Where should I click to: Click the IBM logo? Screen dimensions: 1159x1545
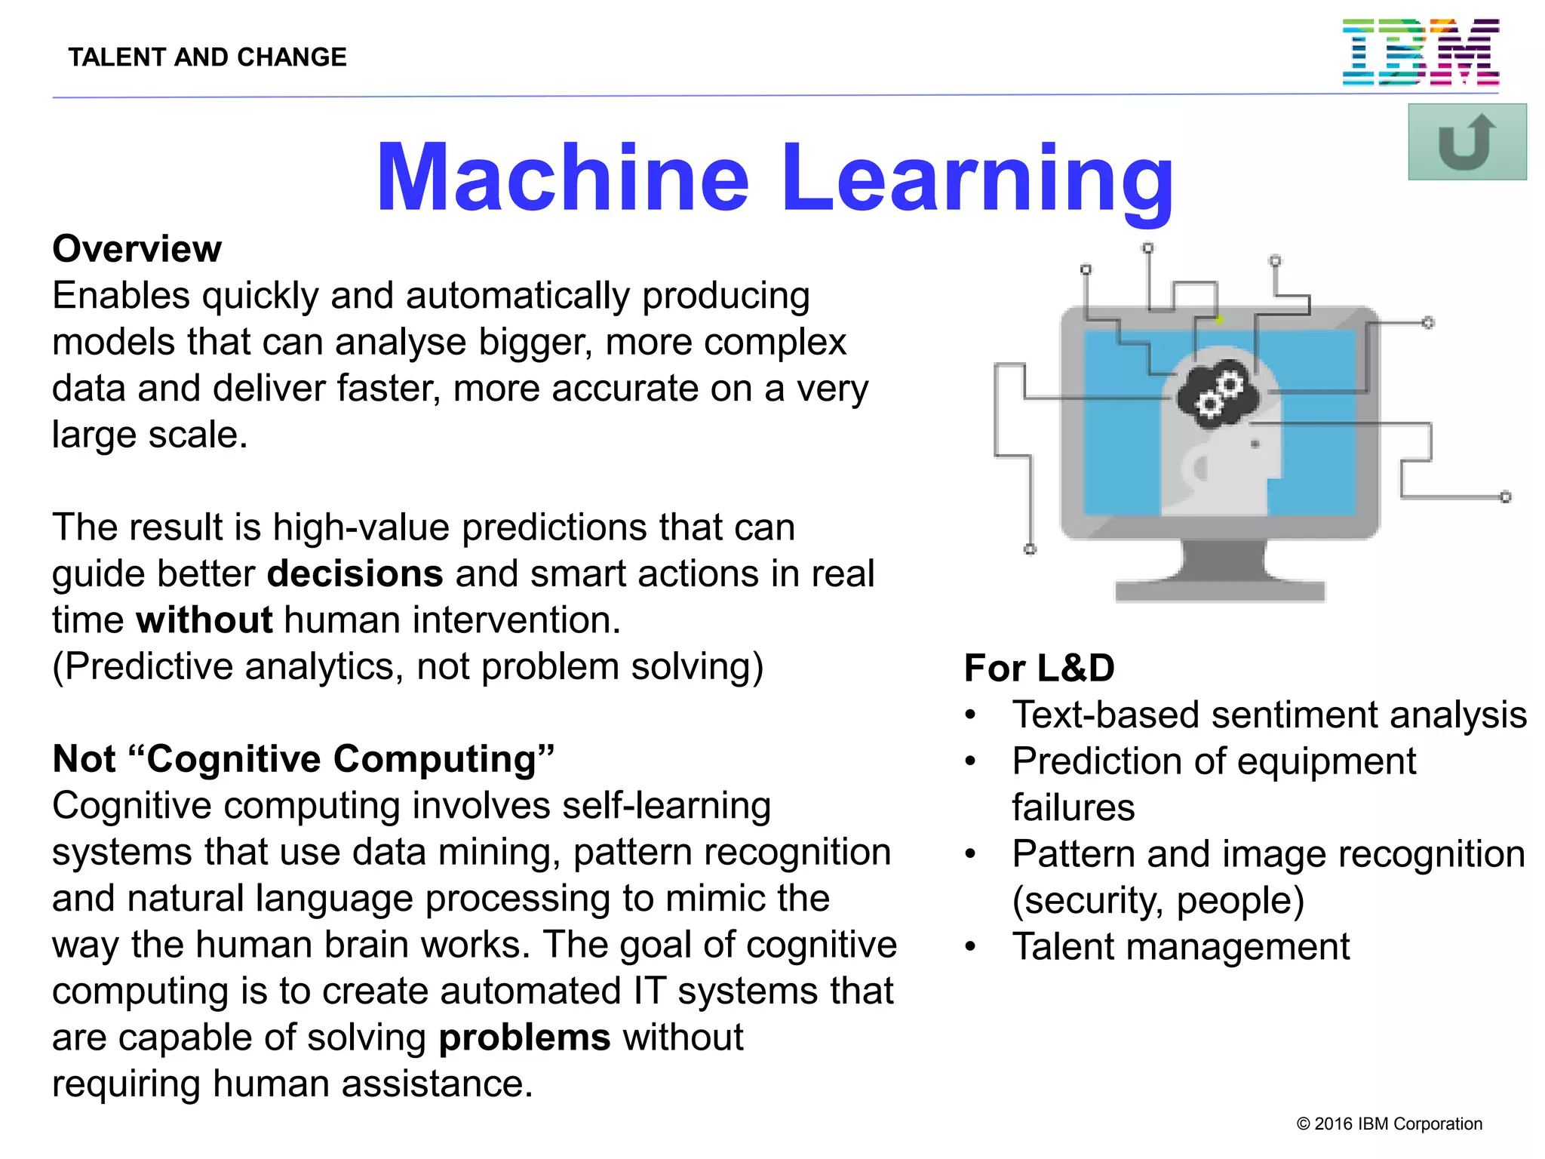coord(1420,52)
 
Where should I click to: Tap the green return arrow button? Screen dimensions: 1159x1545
coord(1467,142)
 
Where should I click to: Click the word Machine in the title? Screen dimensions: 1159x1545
coord(562,178)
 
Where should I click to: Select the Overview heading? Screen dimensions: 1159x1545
coord(137,249)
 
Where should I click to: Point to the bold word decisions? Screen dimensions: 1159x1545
coord(355,573)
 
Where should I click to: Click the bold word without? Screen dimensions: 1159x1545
coord(204,620)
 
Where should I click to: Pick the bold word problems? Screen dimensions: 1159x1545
coord(524,1038)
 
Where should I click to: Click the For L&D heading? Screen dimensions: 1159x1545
coord(1039,669)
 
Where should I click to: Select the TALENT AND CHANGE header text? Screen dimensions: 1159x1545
coord(207,57)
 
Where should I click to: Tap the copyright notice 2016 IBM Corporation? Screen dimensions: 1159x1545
coord(1389,1124)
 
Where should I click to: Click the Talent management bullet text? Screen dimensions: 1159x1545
coord(1181,946)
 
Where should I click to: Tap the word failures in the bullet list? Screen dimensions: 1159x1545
coord(1073,807)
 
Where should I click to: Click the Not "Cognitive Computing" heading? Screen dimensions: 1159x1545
coord(303,759)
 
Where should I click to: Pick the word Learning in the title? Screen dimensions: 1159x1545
coord(977,178)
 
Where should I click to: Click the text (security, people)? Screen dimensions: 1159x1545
coord(1158,900)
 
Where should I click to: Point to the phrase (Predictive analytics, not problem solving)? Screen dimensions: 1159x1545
coord(407,667)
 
